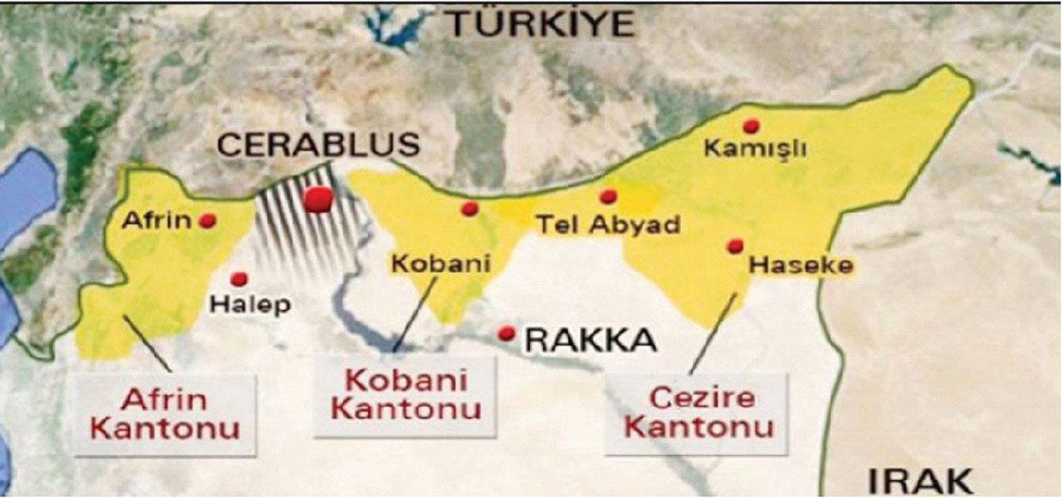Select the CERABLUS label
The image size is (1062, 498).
319,145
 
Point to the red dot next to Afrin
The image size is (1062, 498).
207,221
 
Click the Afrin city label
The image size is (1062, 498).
157,221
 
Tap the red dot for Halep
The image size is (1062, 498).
239,279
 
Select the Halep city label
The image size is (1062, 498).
250,304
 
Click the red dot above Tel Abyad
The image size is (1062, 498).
608,197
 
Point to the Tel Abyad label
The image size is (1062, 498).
608,224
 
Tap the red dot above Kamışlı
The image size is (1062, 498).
752,125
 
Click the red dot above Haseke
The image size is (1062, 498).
734,246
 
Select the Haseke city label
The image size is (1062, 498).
800,266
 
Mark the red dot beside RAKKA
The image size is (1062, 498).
506,333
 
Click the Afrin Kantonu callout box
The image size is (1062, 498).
164,414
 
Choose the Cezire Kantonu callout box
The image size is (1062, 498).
699,413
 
